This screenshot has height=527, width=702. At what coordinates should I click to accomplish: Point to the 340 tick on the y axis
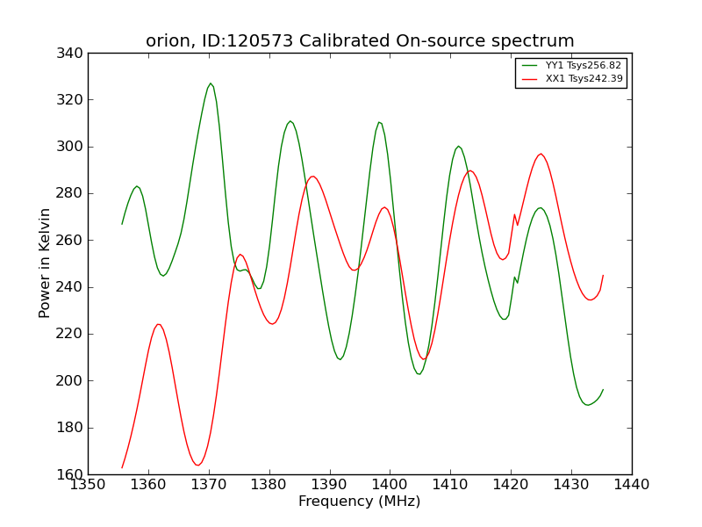click(69, 54)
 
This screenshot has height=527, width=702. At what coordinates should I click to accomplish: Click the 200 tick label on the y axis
click(69, 381)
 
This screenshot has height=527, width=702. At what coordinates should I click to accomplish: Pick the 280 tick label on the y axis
click(69, 193)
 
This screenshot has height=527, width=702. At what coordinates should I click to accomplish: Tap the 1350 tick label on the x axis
click(88, 485)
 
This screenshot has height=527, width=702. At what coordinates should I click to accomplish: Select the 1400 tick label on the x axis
click(390, 485)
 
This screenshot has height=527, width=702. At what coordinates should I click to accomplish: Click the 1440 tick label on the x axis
click(632, 485)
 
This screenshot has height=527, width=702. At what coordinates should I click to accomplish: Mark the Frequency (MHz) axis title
click(360, 502)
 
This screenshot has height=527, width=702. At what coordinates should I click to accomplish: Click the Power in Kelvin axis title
click(44, 263)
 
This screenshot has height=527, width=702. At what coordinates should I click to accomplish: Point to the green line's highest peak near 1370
click(211, 83)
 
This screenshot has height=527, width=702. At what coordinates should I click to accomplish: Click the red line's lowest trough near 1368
click(197, 466)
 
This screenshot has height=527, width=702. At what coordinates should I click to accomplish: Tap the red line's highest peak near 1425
click(541, 154)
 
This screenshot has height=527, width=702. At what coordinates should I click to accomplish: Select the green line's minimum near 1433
click(588, 405)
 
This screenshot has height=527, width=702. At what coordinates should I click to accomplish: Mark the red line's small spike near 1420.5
click(514, 214)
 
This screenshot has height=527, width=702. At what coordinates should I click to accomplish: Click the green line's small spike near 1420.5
click(514, 277)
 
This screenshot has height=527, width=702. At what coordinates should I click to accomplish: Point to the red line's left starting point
click(122, 468)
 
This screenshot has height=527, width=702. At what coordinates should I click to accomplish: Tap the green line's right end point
click(603, 390)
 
